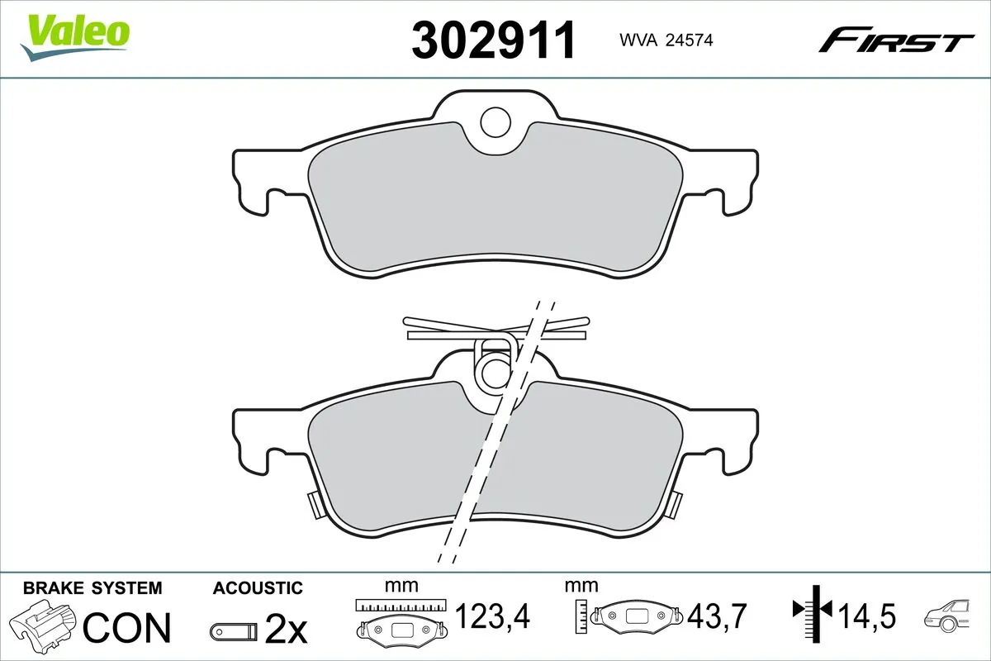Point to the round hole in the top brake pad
tap(496, 122)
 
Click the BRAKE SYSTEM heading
tap(92, 588)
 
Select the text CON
tap(127, 628)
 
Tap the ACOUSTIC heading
tap(258, 588)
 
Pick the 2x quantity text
tap(286, 631)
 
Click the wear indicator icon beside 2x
tap(235, 632)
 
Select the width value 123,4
tap(492, 616)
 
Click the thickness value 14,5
tap(867, 616)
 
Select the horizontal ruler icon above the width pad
tap(401, 605)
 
